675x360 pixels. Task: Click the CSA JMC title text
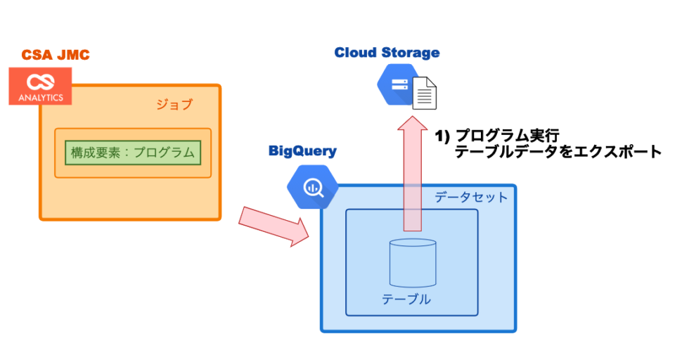tap(55, 55)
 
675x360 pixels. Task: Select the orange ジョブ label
tap(174, 105)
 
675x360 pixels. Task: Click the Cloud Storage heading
tap(387, 53)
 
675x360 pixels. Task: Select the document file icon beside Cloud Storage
tap(424, 93)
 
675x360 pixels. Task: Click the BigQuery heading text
tap(302, 151)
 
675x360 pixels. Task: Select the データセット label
tap(470, 198)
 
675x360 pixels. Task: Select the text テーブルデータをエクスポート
tap(558, 151)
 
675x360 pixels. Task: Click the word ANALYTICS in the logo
tap(40, 98)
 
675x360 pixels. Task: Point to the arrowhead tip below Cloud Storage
tap(412, 118)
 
